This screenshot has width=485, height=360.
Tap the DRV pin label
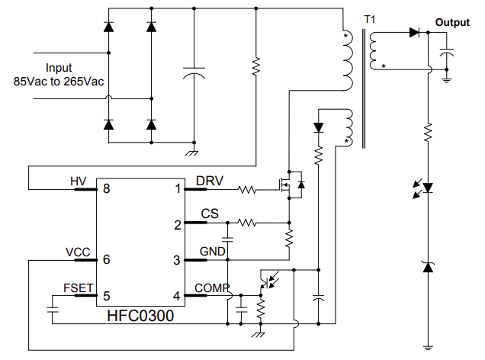point(210,181)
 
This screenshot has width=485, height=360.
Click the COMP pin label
point(211,288)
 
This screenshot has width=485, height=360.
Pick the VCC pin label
point(79,252)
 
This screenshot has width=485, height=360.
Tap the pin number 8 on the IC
point(108,189)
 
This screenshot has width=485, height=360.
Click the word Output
point(452,23)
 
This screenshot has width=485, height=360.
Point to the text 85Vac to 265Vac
point(59,80)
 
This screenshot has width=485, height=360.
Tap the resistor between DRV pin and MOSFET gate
point(248,189)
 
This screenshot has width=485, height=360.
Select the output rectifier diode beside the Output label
point(415,33)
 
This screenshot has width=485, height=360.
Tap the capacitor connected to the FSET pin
point(53,310)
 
